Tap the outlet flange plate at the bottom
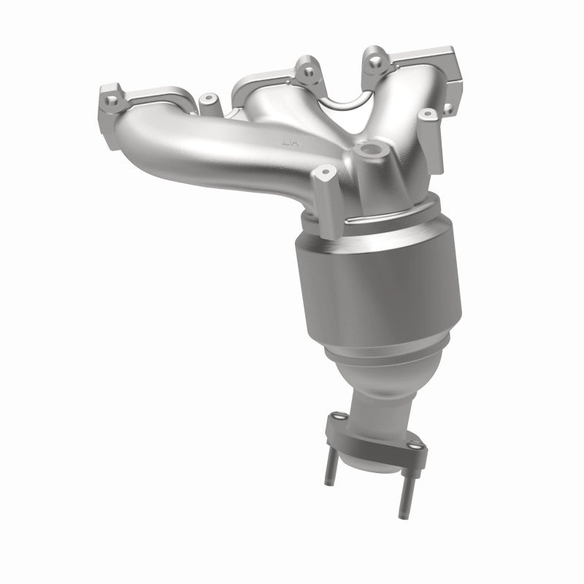tap(372, 438)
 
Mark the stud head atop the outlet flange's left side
tap(337, 418)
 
